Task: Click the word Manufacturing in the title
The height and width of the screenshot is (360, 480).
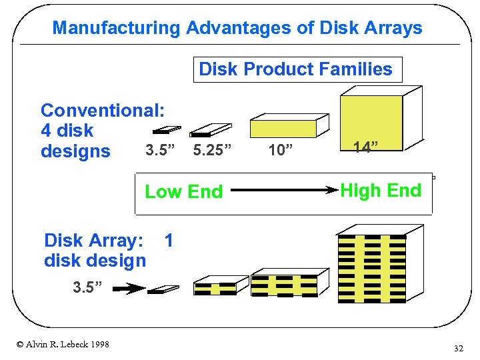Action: point(117,28)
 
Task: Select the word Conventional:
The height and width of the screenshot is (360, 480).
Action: point(103,110)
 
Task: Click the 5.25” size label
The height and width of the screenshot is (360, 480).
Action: point(213,150)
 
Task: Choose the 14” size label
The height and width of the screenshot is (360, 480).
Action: point(366,147)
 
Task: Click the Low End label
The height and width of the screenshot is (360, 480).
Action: point(183,192)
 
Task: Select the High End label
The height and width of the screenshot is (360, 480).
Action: point(381,191)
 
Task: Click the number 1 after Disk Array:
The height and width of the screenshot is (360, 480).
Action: point(169,241)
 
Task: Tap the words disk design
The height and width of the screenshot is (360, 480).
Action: point(94,261)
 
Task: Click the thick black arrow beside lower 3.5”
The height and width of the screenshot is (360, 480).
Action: point(128,289)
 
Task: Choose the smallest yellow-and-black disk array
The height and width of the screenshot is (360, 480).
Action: point(215,287)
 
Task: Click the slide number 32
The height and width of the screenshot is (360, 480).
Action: point(458,348)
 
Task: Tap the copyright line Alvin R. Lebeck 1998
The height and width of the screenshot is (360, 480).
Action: point(63,344)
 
